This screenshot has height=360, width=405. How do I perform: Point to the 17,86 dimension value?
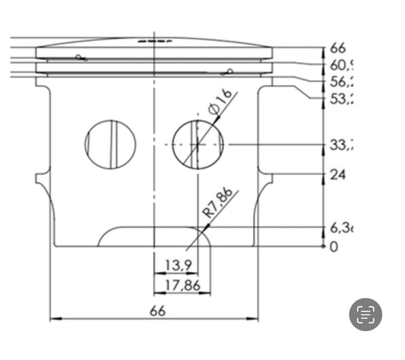182,286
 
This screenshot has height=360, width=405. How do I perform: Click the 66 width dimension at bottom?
157,310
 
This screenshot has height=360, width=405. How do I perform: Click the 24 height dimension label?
338,175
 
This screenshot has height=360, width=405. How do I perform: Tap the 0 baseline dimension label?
334,247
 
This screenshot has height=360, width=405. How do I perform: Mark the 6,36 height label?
342,228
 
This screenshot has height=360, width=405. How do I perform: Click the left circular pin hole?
110,144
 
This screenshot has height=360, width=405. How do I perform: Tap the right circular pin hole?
198,144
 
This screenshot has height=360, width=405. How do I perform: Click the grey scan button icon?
365,314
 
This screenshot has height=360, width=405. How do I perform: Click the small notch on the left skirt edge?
40,179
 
